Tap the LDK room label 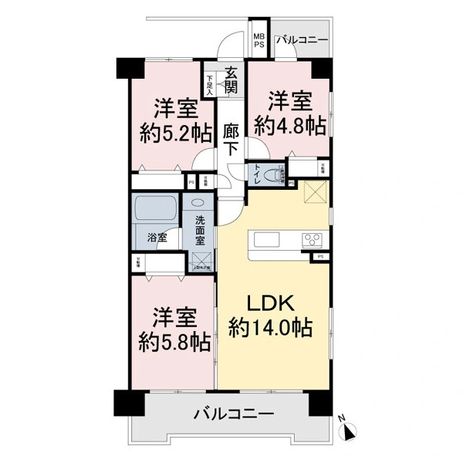[x=270, y=302]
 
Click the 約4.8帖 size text [x=290, y=124]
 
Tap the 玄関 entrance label [x=231, y=81]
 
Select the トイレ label [x=255, y=175]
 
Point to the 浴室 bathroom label [x=157, y=238]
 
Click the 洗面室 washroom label [x=200, y=229]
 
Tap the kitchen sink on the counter [x=262, y=238]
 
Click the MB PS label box [x=259, y=40]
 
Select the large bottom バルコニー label [x=233, y=414]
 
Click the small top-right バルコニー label [x=302, y=39]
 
